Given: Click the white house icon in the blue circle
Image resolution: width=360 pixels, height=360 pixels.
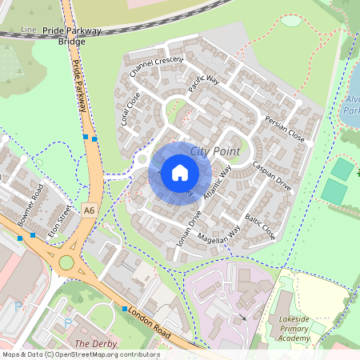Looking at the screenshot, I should coord(180,172).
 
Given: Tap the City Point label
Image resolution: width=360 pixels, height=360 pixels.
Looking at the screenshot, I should coord(216,150).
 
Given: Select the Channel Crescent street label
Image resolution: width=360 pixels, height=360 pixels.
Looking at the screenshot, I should coord(157,70).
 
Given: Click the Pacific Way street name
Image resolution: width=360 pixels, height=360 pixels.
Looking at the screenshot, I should coord(204,85).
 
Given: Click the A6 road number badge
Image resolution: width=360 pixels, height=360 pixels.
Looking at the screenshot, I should coord(89,210).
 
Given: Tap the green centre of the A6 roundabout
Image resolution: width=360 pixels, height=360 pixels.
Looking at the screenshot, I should coord(66,262).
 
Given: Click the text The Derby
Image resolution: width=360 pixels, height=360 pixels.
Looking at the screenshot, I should coord(91,343).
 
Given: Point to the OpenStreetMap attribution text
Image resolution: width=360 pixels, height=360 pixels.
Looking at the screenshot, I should coord(80,354).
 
